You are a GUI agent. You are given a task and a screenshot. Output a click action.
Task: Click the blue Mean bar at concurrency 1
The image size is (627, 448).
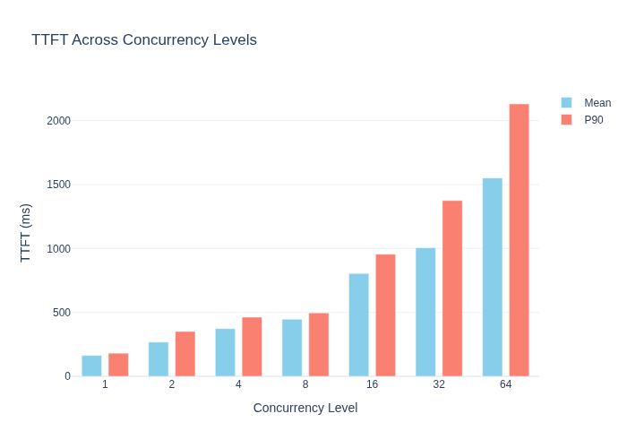(91, 366)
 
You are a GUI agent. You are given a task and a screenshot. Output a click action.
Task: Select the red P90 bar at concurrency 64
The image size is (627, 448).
(519, 240)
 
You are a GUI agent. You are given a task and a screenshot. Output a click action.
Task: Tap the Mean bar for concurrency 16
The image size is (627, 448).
(358, 324)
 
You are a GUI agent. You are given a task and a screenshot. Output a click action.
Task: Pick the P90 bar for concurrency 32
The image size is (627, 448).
(452, 289)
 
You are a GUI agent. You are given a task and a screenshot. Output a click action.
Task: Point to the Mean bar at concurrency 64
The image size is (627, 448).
(493, 277)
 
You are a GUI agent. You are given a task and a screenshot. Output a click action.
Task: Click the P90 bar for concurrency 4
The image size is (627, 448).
(252, 347)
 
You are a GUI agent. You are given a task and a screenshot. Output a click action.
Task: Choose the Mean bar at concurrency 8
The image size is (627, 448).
(292, 348)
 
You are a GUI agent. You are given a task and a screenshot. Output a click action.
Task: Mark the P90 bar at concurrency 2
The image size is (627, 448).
(185, 354)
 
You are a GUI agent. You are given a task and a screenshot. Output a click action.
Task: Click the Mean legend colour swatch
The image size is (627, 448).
(566, 103)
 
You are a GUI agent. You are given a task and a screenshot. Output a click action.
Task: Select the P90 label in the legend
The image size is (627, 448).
(593, 120)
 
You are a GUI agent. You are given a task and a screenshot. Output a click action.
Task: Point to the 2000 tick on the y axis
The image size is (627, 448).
(58, 121)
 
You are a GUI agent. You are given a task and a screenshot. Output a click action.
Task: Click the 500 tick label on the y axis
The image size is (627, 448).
(62, 313)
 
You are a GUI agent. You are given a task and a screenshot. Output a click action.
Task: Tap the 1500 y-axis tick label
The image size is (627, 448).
(58, 185)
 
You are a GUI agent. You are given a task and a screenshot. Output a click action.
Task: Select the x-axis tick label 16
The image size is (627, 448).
(372, 384)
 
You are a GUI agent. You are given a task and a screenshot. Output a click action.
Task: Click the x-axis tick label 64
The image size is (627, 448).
(505, 384)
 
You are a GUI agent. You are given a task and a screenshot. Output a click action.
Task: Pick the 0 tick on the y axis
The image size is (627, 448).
(67, 376)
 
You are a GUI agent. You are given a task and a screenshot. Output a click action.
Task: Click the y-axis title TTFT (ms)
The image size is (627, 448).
(25, 233)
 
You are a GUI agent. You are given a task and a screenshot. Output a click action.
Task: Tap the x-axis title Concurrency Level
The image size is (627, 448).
(305, 408)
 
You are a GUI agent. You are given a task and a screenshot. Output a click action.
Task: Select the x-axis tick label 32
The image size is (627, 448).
(439, 384)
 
